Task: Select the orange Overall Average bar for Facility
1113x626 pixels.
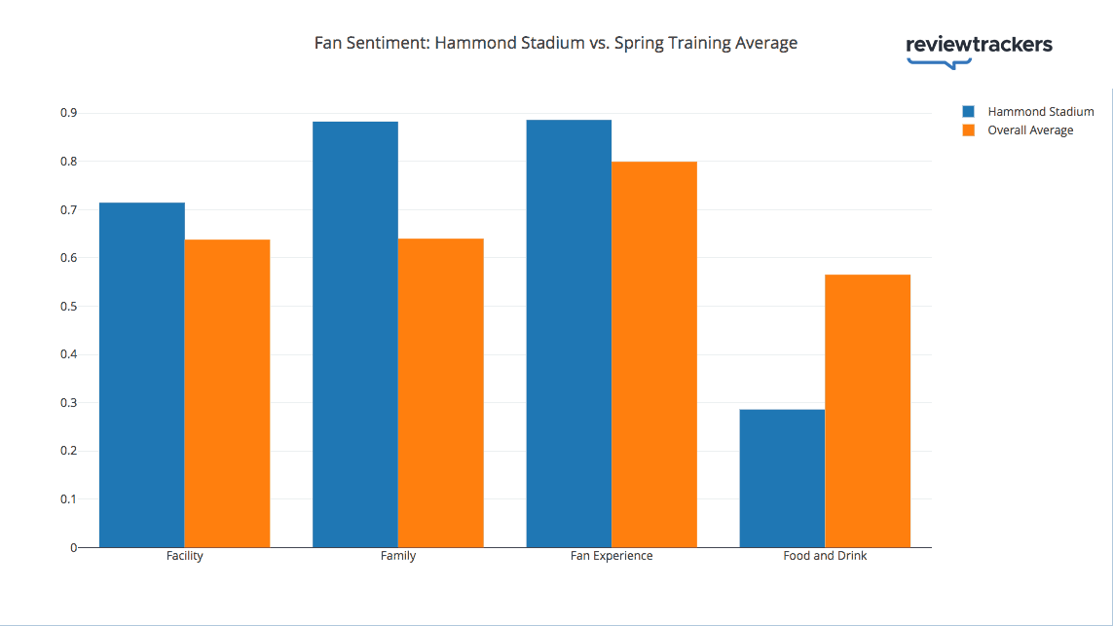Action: coord(227,393)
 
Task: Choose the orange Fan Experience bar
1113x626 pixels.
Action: coord(654,354)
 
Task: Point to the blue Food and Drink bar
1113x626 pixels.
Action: coord(782,478)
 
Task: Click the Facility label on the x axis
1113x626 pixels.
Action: coord(185,556)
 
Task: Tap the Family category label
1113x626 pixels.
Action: coord(398,556)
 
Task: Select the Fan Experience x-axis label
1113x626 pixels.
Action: coord(612,556)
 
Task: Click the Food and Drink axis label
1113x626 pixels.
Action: coord(825,556)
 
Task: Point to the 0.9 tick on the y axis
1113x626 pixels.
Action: coord(67,113)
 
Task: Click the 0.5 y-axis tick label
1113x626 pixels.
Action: coord(67,306)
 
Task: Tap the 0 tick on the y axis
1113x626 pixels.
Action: coord(72,547)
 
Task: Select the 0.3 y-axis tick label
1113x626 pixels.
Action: coord(67,402)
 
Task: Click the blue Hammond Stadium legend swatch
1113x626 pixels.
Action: coord(968,111)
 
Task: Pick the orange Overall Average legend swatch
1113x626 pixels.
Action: coord(968,130)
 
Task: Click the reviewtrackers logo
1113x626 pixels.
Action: coord(979,48)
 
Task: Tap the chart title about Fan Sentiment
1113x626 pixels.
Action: coord(555,43)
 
